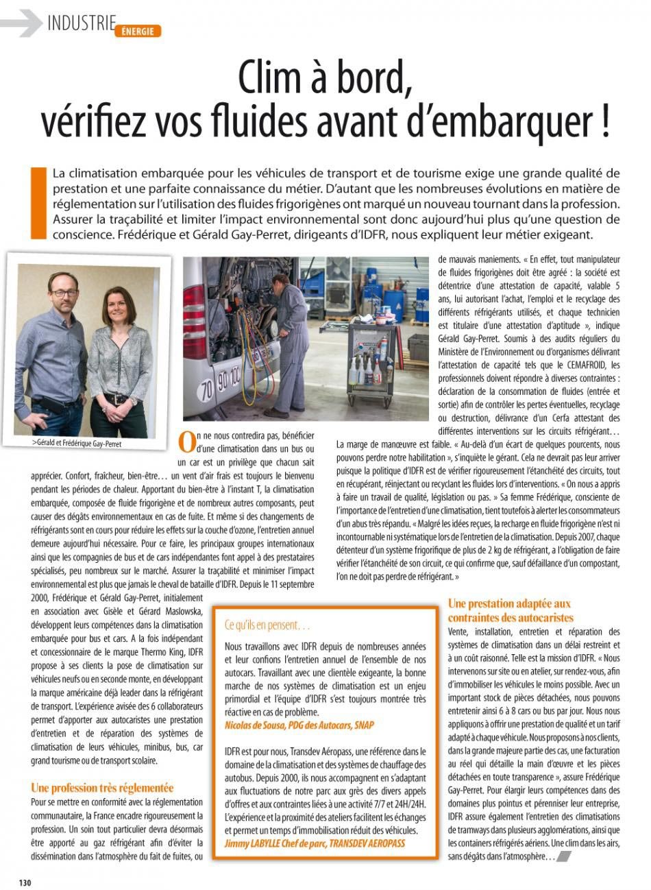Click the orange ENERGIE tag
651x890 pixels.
coord(138,31)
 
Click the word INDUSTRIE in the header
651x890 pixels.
coord(81,23)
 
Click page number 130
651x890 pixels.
coord(25,882)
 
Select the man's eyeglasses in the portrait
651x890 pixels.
coord(64,293)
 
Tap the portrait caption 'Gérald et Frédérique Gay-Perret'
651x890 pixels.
coord(80,443)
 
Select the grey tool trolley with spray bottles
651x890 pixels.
coord(371,363)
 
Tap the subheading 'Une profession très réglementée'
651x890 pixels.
coord(102,788)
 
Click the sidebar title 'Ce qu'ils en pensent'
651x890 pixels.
coord(267,625)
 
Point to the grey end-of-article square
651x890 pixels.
coord(564,856)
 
